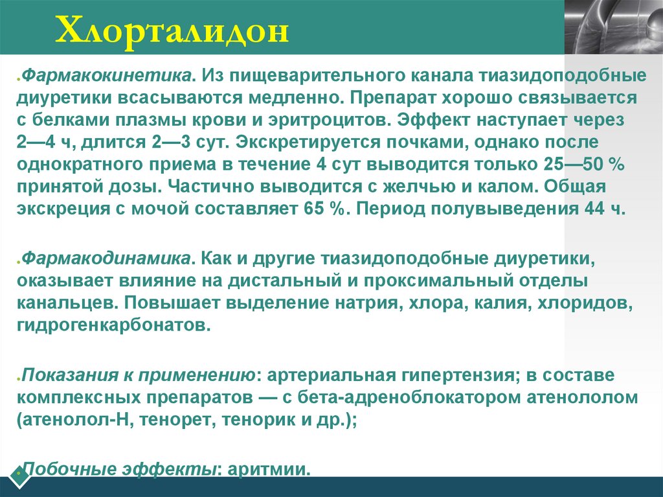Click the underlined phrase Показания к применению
tap(136, 375)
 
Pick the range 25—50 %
tap(589, 165)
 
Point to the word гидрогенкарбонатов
tap(114, 324)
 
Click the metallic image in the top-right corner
tap(614, 26)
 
